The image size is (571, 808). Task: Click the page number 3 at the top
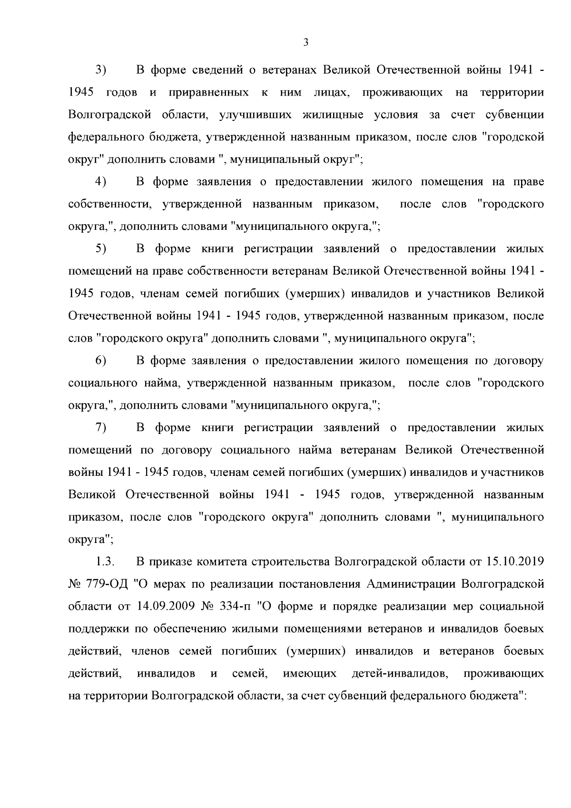pyautogui.click(x=306, y=43)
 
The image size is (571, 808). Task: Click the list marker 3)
pyautogui.click(x=100, y=70)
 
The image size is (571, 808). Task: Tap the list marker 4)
pyautogui.click(x=100, y=182)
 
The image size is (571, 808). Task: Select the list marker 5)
pyautogui.click(x=100, y=249)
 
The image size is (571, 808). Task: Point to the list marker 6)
pyautogui.click(x=100, y=361)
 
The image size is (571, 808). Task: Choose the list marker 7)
pyautogui.click(x=100, y=428)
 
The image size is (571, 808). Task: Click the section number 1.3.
pyautogui.click(x=103, y=562)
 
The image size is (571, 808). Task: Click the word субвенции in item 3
pyautogui.click(x=514, y=115)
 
